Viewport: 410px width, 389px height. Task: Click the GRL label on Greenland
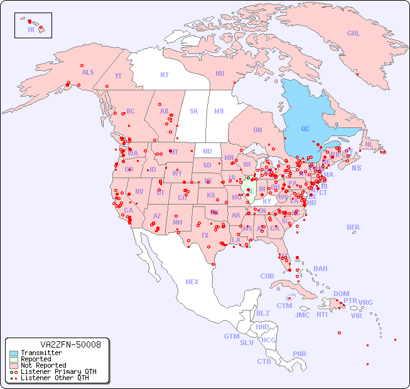[353, 34]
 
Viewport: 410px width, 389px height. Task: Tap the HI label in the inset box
[31, 29]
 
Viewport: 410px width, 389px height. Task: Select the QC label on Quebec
[305, 129]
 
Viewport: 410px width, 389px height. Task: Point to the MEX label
[192, 282]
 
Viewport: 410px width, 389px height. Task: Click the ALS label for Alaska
[88, 72]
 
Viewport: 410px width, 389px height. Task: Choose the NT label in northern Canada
[165, 74]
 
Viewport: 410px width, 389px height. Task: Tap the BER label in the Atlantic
[353, 227]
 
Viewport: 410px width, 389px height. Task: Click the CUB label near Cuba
[267, 276]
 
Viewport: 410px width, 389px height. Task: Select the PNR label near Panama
[299, 354]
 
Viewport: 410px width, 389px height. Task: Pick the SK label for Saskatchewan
[194, 111]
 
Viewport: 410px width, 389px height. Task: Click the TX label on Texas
[205, 235]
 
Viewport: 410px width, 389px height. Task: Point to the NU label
[220, 73]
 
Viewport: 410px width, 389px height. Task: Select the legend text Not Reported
[43, 365]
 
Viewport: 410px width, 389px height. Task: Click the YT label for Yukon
[118, 76]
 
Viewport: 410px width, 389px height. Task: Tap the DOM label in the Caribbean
[341, 294]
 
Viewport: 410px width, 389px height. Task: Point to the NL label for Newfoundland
[369, 144]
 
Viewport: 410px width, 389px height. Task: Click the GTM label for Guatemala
[232, 336]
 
